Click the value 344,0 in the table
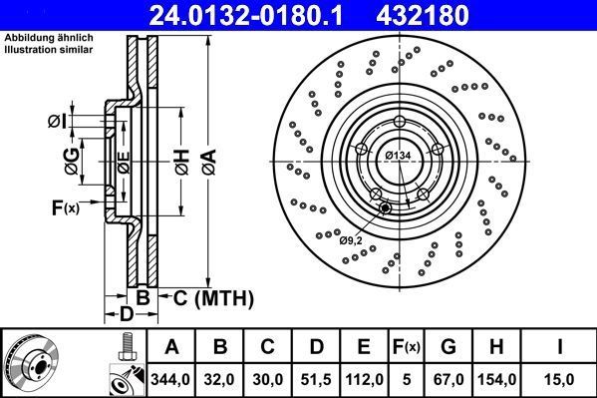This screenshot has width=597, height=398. pyautogui.click(x=171, y=378)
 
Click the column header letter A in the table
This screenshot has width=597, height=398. pyautogui.click(x=171, y=348)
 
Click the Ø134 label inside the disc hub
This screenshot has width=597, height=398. pyautogui.click(x=399, y=156)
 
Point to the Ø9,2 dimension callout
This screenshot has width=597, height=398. pyautogui.click(x=351, y=239)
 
